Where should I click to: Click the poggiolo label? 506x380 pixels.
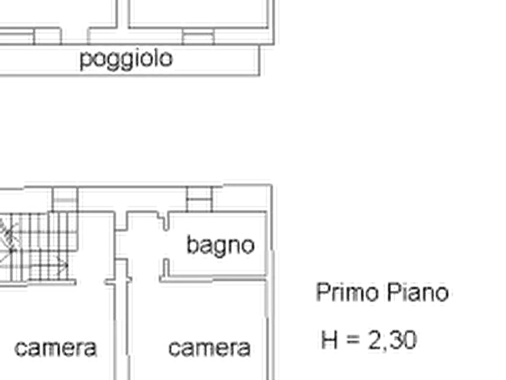[x=126, y=60]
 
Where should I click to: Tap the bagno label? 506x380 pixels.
[x=221, y=246]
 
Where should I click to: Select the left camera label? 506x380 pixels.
[x=54, y=348]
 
